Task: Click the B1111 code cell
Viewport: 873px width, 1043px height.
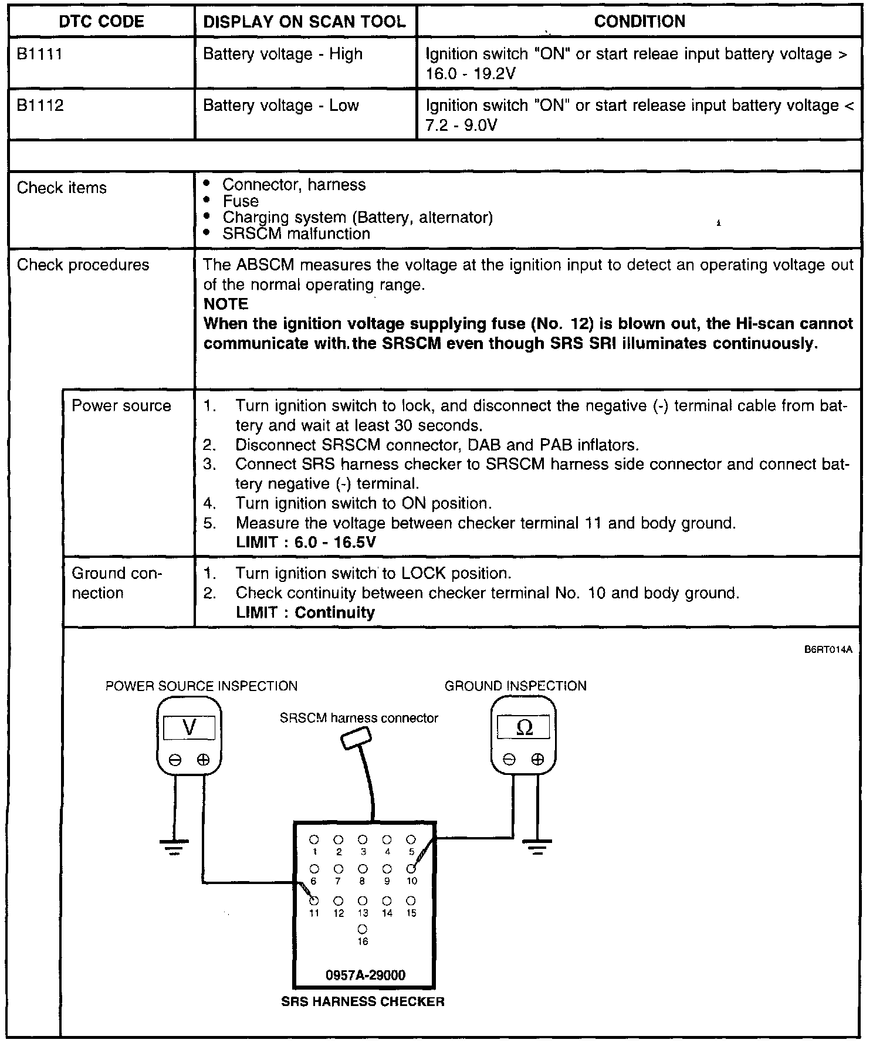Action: click(x=40, y=55)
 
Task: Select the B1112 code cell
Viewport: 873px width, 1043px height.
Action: click(x=40, y=106)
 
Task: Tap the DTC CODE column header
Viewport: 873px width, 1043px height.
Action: click(x=101, y=22)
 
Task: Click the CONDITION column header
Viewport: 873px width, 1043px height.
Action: click(x=639, y=22)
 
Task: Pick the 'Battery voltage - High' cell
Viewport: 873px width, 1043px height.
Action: click(x=282, y=55)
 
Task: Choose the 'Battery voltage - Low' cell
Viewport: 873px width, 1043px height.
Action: click(x=280, y=106)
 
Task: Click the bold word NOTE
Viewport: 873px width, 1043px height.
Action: click(x=226, y=304)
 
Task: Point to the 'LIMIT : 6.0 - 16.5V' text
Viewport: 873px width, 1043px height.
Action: click(x=305, y=542)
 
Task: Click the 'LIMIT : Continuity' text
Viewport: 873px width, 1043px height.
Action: click(x=305, y=612)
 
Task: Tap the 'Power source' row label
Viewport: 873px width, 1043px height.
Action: click(x=121, y=406)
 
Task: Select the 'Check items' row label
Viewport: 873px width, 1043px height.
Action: click(x=62, y=188)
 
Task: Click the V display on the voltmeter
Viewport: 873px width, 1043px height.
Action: click(x=189, y=728)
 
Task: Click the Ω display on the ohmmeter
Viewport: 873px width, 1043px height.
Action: click(x=524, y=728)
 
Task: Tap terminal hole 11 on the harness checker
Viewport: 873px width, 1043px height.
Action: click(x=314, y=900)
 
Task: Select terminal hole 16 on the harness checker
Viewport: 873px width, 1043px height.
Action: click(x=363, y=929)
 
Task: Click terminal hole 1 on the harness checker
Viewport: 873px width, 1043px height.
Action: click(x=314, y=839)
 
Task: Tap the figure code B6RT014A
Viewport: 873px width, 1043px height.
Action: click(x=828, y=650)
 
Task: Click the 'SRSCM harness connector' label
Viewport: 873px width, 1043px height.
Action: click(x=358, y=718)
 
